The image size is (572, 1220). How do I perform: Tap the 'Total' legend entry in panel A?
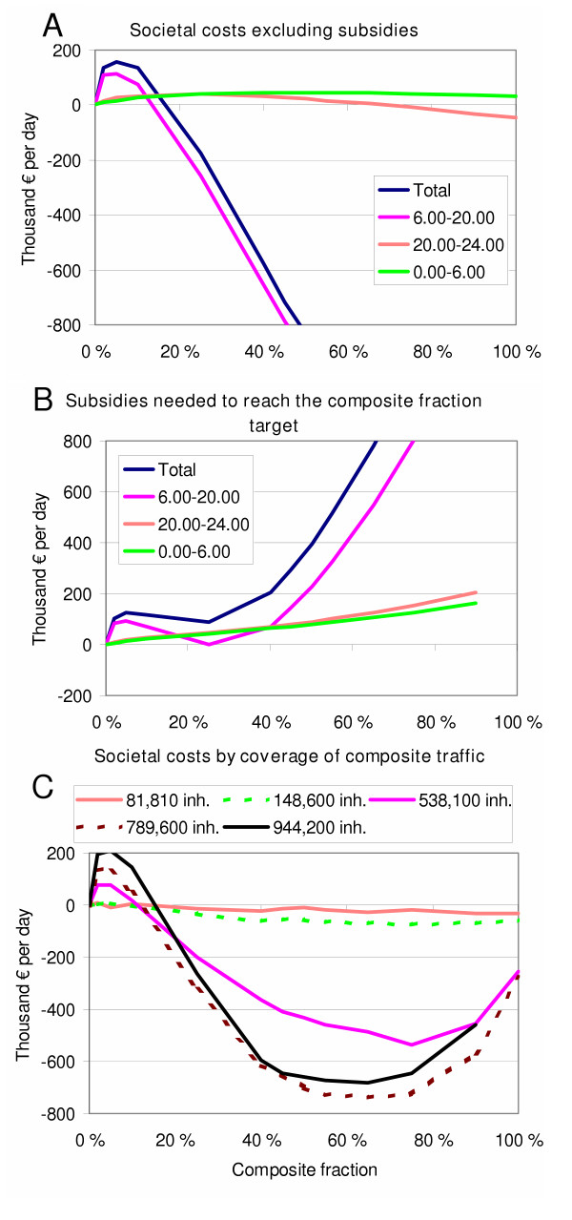tap(448, 191)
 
